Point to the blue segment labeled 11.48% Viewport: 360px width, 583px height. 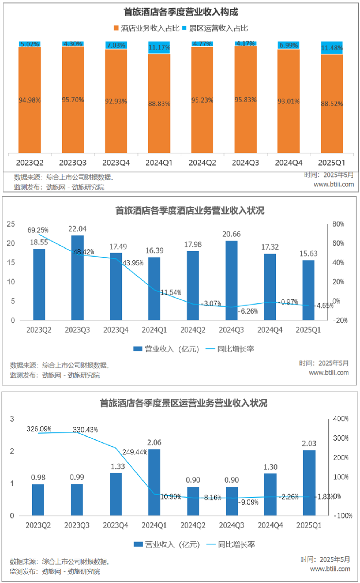coord(332,48)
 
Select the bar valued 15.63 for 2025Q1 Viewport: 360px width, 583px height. coord(309,291)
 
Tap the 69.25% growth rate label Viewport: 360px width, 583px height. coord(39,230)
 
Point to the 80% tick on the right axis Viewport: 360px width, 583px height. coord(339,224)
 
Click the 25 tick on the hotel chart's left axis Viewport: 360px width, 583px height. coord(11,224)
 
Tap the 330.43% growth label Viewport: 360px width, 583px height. coord(86,430)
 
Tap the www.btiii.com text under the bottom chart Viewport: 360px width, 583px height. coord(330,569)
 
